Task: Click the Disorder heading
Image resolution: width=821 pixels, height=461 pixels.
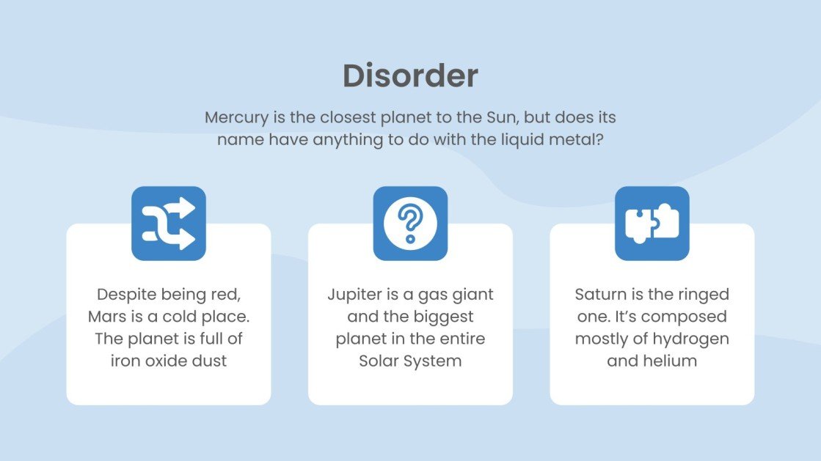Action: [410, 76]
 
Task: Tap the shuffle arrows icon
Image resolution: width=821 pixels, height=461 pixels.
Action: [169, 224]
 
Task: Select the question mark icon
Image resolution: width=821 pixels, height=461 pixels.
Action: [410, 224]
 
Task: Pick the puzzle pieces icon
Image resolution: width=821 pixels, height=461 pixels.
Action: [652, 224]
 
